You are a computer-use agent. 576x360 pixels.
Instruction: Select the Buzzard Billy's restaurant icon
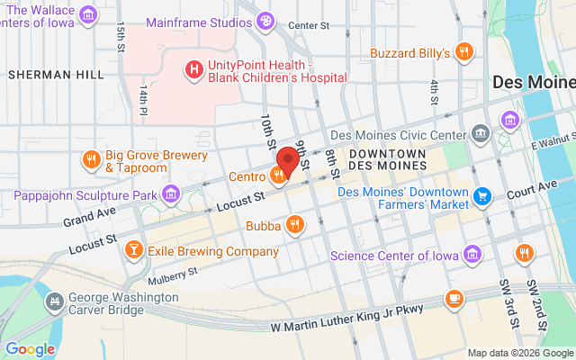point(464,52)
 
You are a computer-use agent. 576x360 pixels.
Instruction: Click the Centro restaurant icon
point(278,175)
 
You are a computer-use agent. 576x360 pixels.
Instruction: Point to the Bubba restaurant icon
point(294,224)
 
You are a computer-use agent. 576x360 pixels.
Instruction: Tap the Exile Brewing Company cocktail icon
point(133,249)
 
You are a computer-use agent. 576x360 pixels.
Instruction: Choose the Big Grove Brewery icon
point(91,160)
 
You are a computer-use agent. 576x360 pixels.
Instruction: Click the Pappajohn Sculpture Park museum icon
point(171,193)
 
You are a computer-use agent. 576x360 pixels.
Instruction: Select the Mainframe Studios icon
point(265,20)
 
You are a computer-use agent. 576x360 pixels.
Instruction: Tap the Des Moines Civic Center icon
point(481,135)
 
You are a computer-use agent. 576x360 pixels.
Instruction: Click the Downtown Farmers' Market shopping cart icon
point(482,195)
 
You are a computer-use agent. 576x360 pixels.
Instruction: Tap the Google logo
point(30,349)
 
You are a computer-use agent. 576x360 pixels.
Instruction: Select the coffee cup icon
point(454,298)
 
